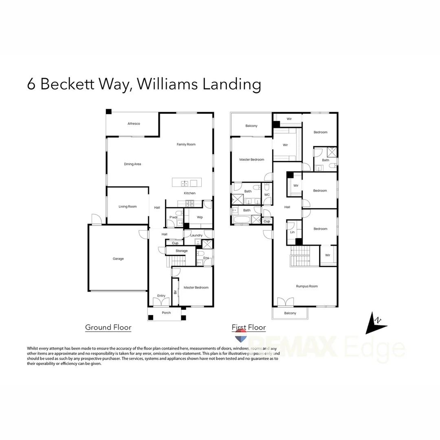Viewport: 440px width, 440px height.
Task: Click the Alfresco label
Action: pyautogui.click(x=134, y=123)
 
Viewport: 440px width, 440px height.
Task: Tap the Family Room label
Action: pyautogui.click(x=186, y=144)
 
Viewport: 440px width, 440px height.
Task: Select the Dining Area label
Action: pyautogui.click(x=132, y=164)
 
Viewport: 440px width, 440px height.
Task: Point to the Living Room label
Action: pyautogui.click(x=128, y=207)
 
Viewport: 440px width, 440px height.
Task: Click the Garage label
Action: pyautogui.click(x=118, y=259)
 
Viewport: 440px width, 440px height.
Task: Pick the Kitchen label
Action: pyautogui.click(x=189, y=193)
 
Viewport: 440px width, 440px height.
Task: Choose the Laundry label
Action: pyautogui.click(x=196, y=235)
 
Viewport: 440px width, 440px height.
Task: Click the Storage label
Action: pyautogui.click(x=182, y=251)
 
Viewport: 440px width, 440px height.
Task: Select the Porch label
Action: pyautogui.click(x=166, y=313)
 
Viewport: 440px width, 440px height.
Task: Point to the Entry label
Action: pyautogui.click(x=161, y=296)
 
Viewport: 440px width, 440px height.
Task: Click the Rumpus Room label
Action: pyautogui.click(x=307, y=286)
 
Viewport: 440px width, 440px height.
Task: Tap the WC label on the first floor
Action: pyautogui.click(x=267, y=195)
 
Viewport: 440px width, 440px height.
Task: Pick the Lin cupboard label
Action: pyautogui.click(x=292, y=232)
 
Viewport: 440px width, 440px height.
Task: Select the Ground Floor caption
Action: pyautogui.click(x=108, y=327)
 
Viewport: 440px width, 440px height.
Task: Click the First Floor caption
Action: pyautogui.click(x=249, y=327)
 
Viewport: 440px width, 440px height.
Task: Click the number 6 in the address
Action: pyautogui.click(x=31, y=84)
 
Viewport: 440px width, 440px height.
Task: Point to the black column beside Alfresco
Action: pyautogui.click(x=108, y=111)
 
